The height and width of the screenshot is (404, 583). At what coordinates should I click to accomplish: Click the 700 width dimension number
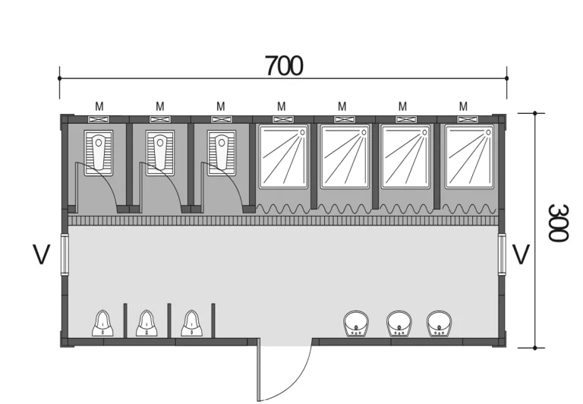(284, 66)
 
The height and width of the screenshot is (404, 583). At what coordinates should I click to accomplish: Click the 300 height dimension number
(558, 223)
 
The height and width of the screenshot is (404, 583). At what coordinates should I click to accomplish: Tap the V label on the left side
(41, 254)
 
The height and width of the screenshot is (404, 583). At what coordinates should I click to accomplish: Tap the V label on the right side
(521, 254)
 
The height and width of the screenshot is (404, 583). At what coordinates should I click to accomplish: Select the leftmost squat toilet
(99, 153)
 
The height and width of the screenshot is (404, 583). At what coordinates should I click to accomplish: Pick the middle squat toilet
(160, 153)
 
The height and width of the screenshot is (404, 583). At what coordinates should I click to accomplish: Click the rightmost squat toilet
(222, 153)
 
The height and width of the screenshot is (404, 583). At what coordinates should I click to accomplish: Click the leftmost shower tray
(284, 157)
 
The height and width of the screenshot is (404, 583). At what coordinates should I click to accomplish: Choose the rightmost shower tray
(469, 157)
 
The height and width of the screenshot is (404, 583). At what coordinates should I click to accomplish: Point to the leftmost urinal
(102, 324)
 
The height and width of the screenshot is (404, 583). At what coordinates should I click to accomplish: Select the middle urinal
(147, 324)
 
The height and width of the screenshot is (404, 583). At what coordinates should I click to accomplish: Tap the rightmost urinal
(191, 324)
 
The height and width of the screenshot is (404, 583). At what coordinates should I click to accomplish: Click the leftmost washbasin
(356, 324)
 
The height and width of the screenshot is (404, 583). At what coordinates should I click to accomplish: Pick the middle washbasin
(399, 324)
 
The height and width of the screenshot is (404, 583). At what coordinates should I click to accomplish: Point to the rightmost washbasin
(439, 324)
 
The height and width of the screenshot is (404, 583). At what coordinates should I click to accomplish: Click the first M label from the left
(99, 107)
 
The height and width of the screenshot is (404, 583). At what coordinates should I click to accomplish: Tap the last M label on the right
(463, 107)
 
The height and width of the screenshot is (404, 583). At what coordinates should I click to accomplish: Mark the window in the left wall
(65, 254)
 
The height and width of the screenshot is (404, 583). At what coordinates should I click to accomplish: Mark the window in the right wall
(502, 254)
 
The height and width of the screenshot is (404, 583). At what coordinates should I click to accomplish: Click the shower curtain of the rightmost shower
(469, 209)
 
